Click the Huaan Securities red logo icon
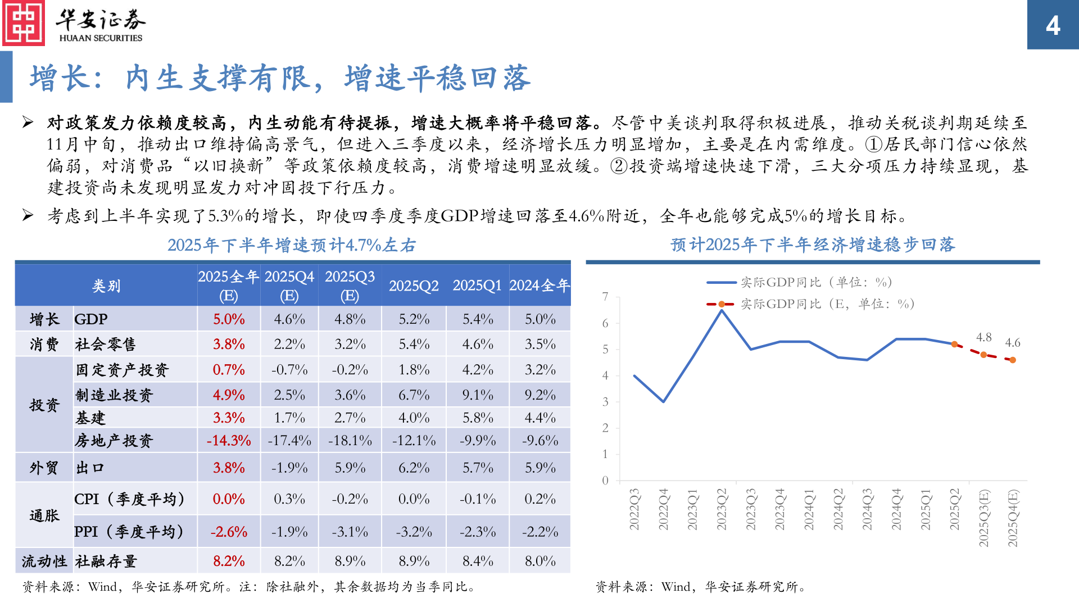pos(24,23)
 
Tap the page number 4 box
pos(1053,25)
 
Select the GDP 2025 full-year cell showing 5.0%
pos(229,319)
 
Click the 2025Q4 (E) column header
pos(289,286)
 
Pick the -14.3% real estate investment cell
pos(229,441)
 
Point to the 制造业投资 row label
pos(114,395)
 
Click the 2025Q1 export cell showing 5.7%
pos(478,468)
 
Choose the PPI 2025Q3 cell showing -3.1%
pos(350,532)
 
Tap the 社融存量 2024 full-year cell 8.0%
pos(540,561)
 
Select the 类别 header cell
pos(106,286)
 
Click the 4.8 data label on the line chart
pos(983,337)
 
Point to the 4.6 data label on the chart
pos(1013,342)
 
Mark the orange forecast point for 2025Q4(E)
pos(1013,360)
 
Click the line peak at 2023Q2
pos(722,310)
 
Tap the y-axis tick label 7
pos(605,296)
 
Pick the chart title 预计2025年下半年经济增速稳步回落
pos(813,244)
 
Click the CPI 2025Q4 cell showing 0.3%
pos(289,499)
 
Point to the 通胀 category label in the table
pos(44,515)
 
